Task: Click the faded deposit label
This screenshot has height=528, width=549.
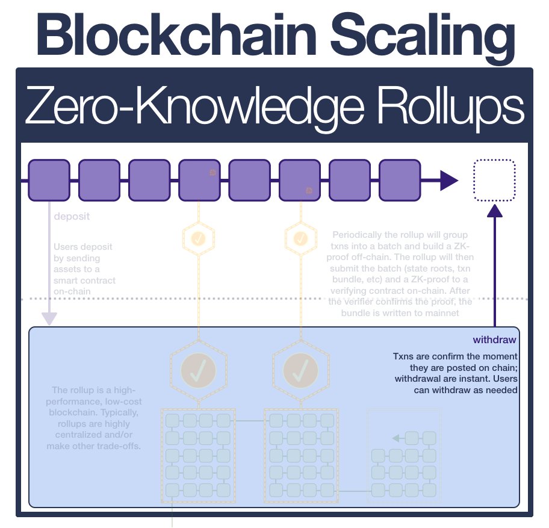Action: click(72, 217)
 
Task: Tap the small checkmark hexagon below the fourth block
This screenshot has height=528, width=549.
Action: click(198, 238)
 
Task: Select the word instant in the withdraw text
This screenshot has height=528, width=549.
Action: click(474, 379)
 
